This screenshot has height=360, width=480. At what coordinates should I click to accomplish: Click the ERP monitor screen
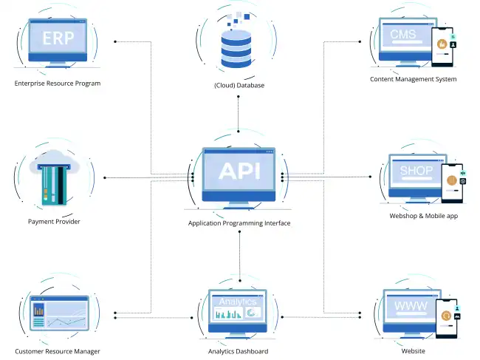pyautogui.click(x=57, y=38)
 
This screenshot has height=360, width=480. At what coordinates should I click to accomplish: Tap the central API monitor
pyautogui.click(x=239, y=173)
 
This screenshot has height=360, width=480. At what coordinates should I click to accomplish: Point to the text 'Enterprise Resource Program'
pyautogui.click(x=57, y=84)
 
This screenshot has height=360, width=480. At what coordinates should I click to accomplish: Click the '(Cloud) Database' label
pyautogui.click(x=239, y=86)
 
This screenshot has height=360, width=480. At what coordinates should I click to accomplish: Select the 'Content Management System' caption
pyautogui.click(x=413, y=79)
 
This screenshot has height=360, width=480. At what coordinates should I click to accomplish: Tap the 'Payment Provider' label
pyautogui.click(x=54, y=222)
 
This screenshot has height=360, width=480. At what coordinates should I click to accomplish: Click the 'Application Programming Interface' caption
pyautogui.click(x=239, y=223)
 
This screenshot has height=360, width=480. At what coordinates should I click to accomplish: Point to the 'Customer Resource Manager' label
pyautogui.click(x=57, y=351)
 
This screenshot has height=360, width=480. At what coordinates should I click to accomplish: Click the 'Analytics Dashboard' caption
pyautogui.click(x=238, y=351)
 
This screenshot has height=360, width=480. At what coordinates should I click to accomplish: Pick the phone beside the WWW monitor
pyautogui.click(x=446, y=319)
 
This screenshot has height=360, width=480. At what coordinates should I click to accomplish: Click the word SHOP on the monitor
pyautogui.click(x=416, y=171)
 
